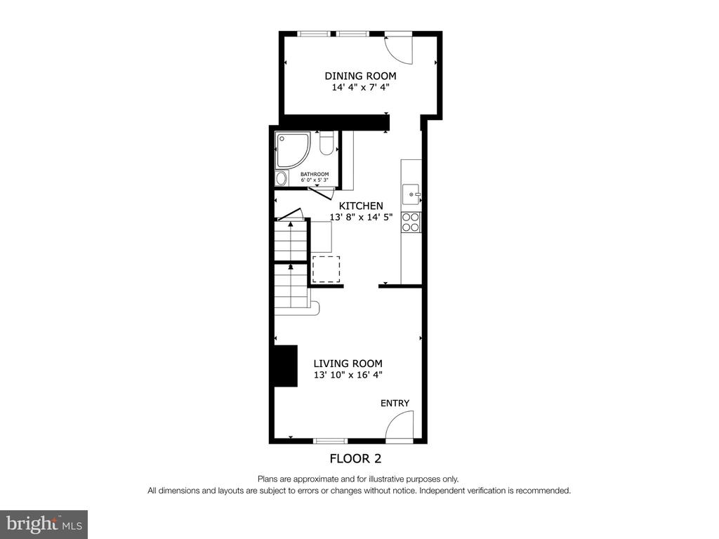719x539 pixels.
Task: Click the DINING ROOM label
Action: point(360,76)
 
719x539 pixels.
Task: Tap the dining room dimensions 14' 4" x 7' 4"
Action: point(360,88)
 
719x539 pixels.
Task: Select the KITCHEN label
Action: point(361,206)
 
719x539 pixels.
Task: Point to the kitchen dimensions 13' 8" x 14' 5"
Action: point(362,218)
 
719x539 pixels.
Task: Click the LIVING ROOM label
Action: point(348,364)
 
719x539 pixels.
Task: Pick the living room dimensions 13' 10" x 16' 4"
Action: point(348,375)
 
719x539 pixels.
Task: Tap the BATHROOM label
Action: point(315,174)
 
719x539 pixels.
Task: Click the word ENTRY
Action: point(395,404)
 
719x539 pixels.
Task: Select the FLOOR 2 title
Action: point(356,458)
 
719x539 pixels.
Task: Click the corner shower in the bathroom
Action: point(293,150)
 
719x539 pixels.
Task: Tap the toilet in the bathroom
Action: point(326,143)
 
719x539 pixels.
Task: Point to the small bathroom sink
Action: point(281,179)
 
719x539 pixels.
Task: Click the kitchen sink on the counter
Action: point(411,194)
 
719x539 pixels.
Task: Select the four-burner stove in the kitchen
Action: point(411,222)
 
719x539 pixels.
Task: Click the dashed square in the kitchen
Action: point(326,269)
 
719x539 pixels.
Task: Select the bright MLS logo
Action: point(44,524)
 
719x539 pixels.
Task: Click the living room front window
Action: point(331,441)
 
